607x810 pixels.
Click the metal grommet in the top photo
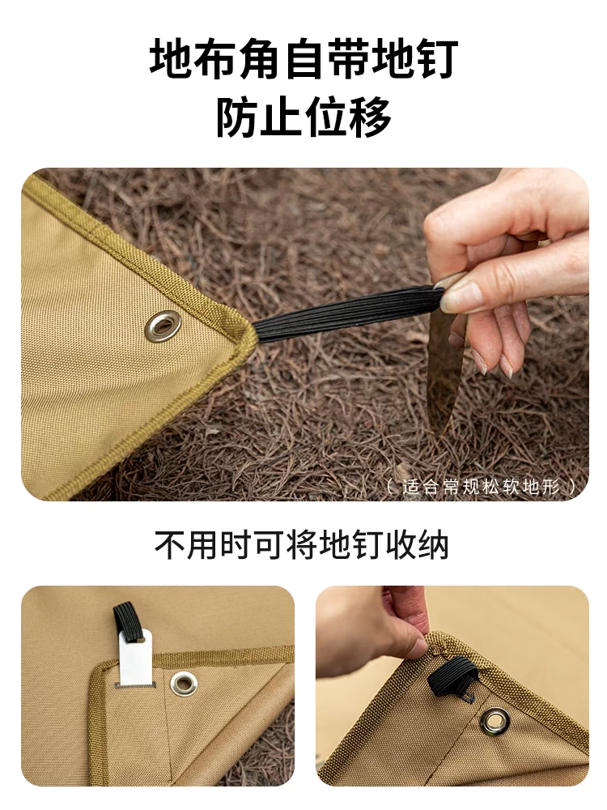coord(163,326)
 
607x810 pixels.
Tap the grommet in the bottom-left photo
coord(183,684)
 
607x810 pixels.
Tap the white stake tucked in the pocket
coord(135,658)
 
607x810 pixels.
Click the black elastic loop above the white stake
coord(127,621)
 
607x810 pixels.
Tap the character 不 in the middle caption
coord(170,544)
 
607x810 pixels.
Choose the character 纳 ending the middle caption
coord(433,544)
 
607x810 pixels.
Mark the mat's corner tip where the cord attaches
coord(253,325)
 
